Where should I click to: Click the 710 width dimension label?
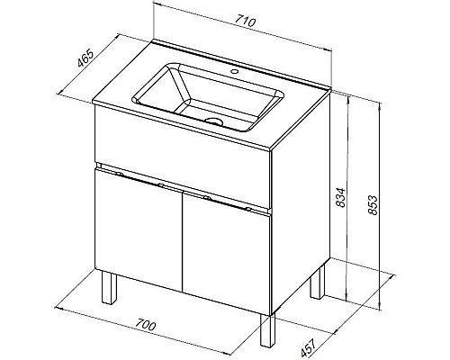click(x=245, y=22)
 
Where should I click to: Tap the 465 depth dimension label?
click(x=85, y=58)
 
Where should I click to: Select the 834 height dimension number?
click(x=340, y=198)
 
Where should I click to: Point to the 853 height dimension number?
click(x=373, y=205)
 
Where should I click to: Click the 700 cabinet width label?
click(x=145, y=326)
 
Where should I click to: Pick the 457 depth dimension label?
click(x=309, y=348)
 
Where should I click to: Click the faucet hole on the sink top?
click(x=235, y=72)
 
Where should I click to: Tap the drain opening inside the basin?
click(x=214, y=121)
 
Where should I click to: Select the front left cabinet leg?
click(x=109, y=288)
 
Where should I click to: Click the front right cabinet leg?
click(x=267, y=330)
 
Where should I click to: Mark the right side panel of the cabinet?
click(x=301, y=203)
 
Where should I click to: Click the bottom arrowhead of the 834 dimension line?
click(x=346, y=298)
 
